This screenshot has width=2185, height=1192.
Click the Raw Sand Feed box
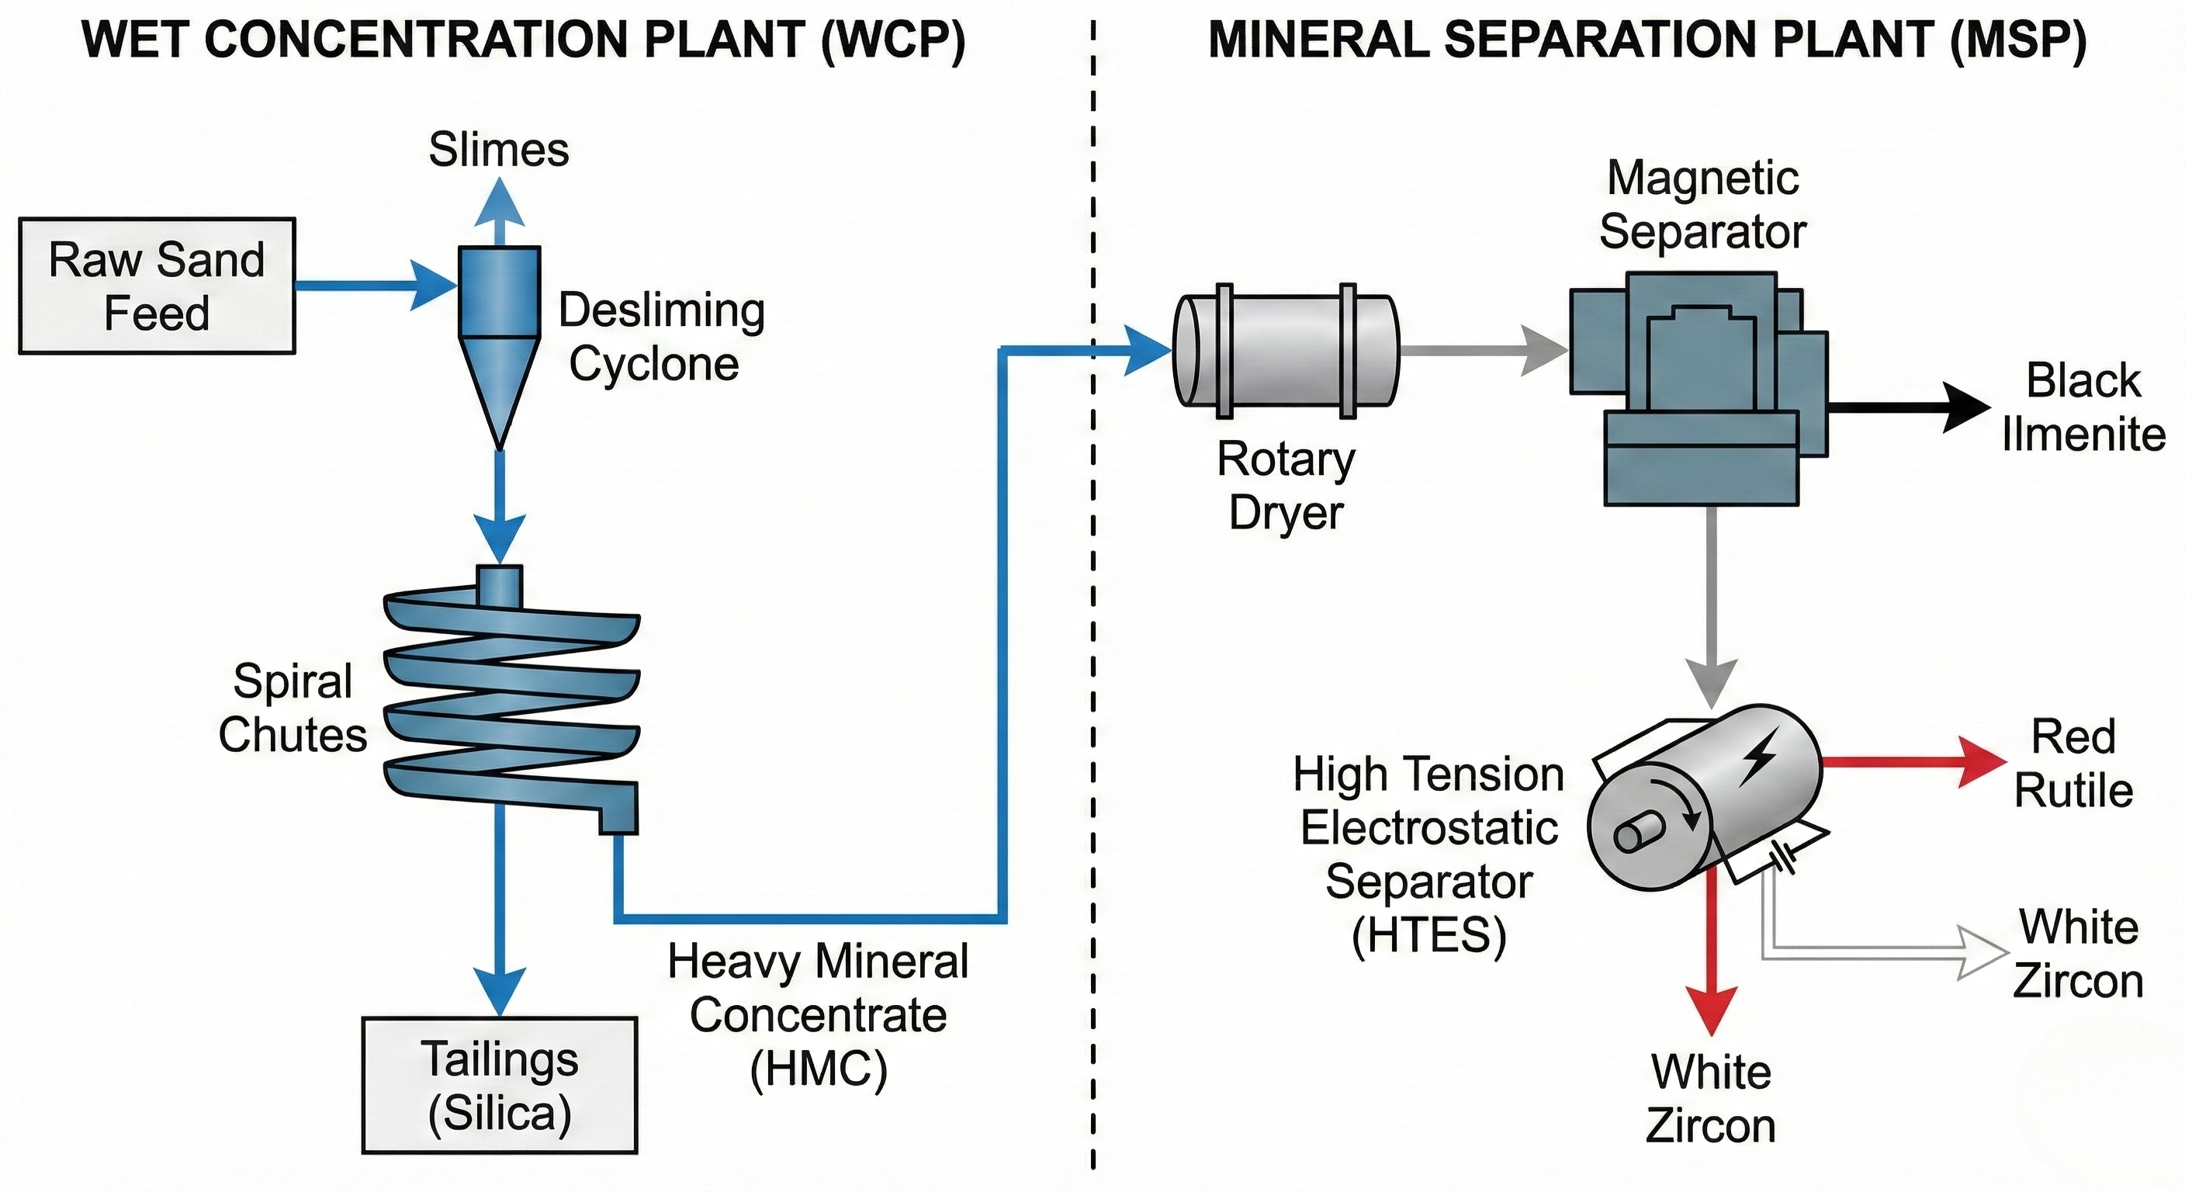[157, 286]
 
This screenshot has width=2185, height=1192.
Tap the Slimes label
[499, 151]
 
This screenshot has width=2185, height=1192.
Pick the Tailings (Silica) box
[500, 1085]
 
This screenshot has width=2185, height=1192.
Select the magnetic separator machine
[1701, 386]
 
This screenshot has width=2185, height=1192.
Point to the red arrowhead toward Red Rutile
[1982, 762]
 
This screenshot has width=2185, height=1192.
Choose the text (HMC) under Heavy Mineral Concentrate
[818, 1068]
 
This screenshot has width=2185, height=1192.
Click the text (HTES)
[1428, 936]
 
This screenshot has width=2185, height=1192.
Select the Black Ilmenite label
[2083, 408]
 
